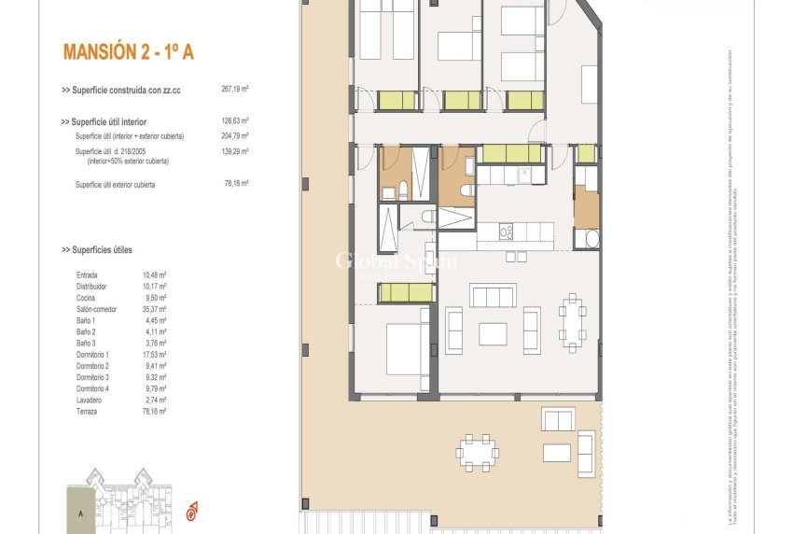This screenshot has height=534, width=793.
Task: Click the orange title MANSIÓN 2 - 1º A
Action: click(128, 52)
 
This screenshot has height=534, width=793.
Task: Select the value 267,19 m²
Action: click(234, 90)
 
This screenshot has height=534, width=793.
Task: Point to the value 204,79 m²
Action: click(234, 136)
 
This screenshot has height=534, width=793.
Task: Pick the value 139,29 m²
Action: click(234, 151)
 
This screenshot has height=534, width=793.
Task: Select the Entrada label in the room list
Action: click(89, 275)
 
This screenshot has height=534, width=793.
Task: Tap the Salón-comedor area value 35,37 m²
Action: click(154, 309)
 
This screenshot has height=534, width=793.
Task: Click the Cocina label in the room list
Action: click(88, 298)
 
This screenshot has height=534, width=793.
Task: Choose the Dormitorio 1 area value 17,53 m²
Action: click(154, 355)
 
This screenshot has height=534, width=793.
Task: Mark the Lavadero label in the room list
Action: click(90, 400)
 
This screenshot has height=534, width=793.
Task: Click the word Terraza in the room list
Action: click(89, 411)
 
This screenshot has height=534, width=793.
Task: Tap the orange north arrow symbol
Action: click(191, 511)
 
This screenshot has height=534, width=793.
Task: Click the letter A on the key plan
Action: click(81, 513)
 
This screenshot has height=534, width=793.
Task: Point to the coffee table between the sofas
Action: click(492, 332)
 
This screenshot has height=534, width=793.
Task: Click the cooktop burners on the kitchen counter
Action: click(507, 231)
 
